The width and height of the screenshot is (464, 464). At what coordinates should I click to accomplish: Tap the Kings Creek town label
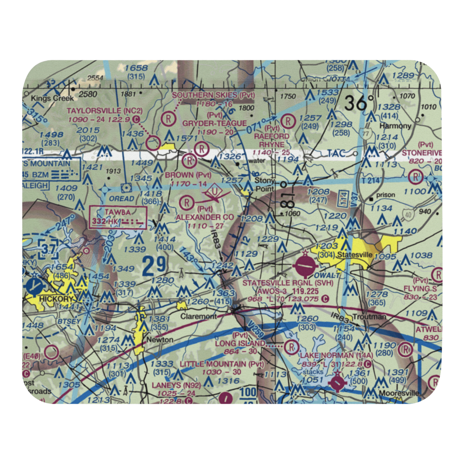click(46, 98)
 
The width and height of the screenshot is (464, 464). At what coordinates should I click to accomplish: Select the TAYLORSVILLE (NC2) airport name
click(97, 111)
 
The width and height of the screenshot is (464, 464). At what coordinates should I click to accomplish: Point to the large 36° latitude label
click(359, 102)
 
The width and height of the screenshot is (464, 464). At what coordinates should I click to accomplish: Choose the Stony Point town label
click(264, 185)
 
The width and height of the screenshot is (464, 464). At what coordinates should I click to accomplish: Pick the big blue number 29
click(154, 266)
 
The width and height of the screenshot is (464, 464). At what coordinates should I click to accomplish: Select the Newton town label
click(160, 340)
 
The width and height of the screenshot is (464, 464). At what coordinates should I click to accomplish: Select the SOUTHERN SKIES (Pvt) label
click(214, 95)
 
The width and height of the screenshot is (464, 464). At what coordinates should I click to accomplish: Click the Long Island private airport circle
click(292, 346)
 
